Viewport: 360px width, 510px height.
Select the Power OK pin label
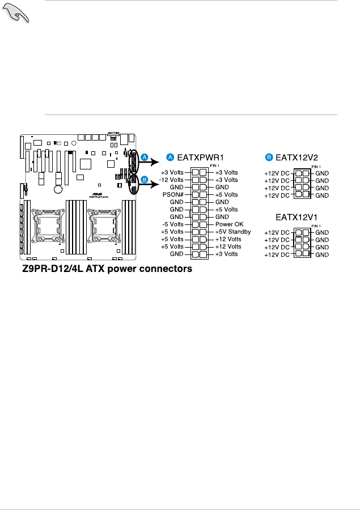(229, 224)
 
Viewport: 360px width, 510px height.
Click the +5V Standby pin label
(233, 231)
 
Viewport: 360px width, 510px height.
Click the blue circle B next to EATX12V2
(269, 157)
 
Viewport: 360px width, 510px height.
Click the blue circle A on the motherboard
(145, 156)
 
